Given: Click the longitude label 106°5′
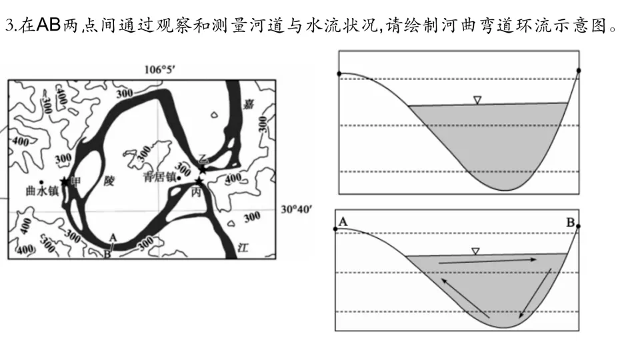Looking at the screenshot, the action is [162, 69].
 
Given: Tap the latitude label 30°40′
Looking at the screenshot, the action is [295, 209].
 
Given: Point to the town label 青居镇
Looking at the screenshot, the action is [158, 177].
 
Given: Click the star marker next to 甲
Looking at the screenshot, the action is [65, 181].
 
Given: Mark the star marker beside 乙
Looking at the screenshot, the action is [202, 169].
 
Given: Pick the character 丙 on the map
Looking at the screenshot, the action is [195, 191].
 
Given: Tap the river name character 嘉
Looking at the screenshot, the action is [248, 103].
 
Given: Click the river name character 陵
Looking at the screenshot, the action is [110, 181].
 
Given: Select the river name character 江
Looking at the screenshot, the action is [243, 247].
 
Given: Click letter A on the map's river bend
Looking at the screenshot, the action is [113, 237].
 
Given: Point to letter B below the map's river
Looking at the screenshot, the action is [107, 253].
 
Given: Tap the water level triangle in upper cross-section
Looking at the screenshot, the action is [477, 100].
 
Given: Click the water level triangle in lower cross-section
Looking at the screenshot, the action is [475, 251].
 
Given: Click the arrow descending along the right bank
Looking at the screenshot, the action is [536, 291].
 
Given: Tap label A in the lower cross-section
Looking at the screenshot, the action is [343, 221].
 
